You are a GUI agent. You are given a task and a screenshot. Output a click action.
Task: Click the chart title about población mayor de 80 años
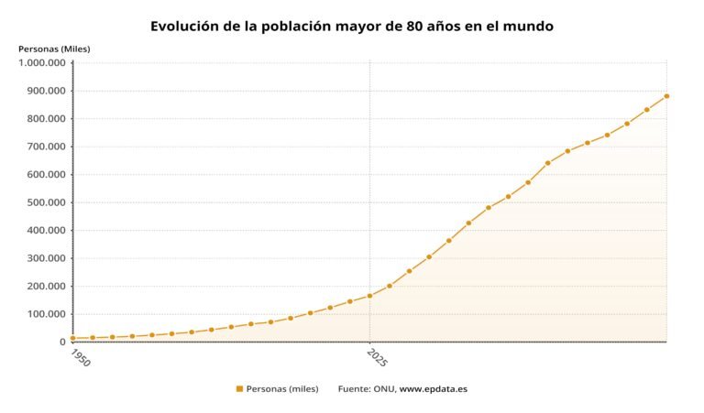coord(351,27)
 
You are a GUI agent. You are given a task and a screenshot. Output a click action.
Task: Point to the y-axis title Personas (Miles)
coord(54,49)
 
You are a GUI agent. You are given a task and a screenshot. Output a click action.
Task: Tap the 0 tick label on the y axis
coord(62,342)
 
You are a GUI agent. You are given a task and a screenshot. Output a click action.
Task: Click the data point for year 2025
coord(369,296)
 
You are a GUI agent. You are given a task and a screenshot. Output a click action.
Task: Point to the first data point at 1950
coord(73,338)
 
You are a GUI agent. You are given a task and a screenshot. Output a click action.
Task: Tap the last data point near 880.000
coord(666,96)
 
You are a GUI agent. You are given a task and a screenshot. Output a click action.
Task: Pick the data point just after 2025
coord(390,286)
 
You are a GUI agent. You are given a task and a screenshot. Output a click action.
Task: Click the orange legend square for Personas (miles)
coord(239,389)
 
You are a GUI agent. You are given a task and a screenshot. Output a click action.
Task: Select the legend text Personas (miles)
coord(282,389)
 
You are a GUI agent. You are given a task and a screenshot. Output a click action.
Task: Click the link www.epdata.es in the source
coord(433,389)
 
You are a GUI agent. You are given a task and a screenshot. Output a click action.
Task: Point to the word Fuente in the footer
coord(354,389)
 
